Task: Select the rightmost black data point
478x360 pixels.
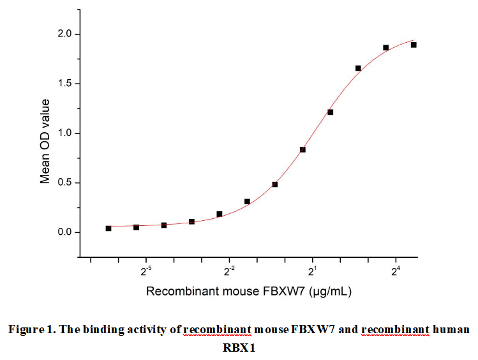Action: (414, 45)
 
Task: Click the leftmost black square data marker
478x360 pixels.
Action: (108, 229)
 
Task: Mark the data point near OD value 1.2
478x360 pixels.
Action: (330, 112)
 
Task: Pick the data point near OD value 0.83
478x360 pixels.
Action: (302, 150)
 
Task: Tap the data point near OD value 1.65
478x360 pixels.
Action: (358, 68)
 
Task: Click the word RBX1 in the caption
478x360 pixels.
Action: (239, 348)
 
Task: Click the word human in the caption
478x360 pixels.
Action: (451, 330)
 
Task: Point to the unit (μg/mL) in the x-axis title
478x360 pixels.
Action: (331, 292)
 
